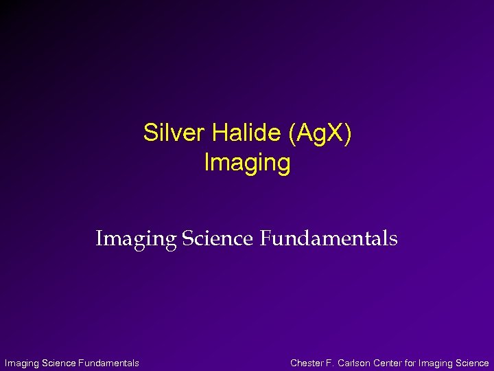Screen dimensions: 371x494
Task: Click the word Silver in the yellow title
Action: coord(167,133)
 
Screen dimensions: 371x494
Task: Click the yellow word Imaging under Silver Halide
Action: coord(248,164)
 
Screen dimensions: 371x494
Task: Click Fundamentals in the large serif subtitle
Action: coord(328,238)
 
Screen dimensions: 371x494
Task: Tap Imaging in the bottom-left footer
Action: coord(21,363)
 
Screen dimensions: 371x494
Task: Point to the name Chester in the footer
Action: coord(307,363)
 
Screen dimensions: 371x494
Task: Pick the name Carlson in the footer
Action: coord(355,363)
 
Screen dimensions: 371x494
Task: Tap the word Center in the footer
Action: coord(389,363)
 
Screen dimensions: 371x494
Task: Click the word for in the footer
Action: coord(412,363)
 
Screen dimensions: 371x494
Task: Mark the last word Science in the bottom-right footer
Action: coord(473,363)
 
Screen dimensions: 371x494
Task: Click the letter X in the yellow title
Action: coord(338,133)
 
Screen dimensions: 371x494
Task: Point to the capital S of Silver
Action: coord(149,133)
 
